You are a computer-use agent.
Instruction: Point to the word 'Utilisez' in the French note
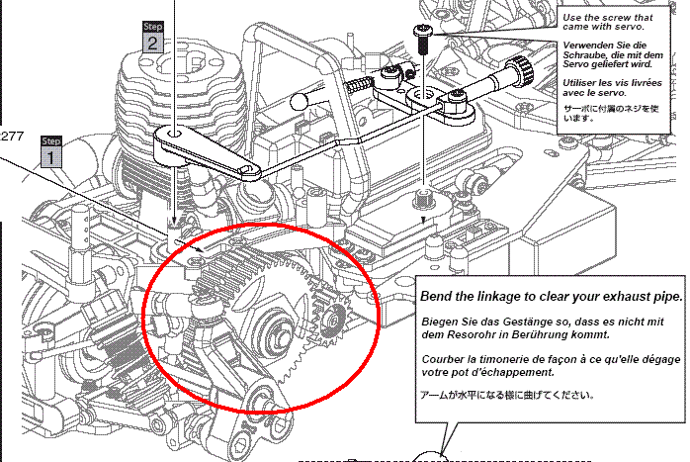point(584,84)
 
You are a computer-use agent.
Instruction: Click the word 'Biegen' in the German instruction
point(441,323)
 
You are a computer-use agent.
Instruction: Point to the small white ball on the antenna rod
point(302,99)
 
